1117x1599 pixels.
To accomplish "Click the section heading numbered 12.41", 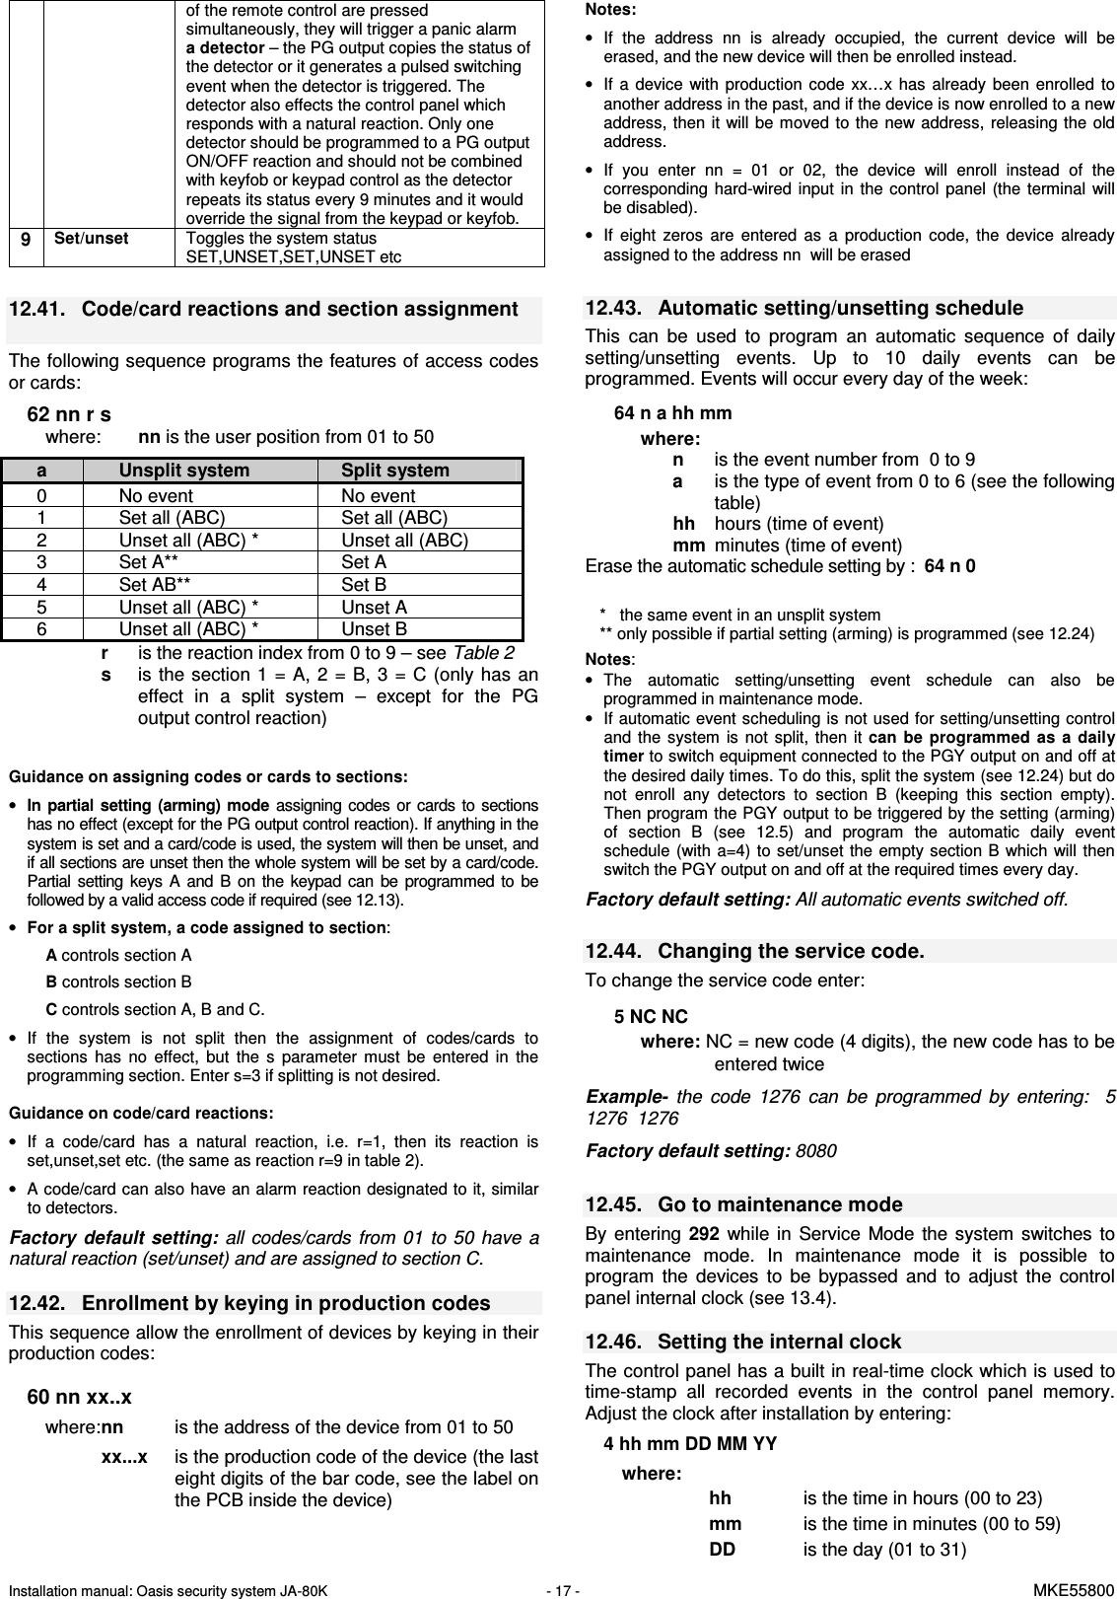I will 263,310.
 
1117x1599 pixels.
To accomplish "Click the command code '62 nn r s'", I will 69,415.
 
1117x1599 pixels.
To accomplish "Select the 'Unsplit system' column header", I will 184,472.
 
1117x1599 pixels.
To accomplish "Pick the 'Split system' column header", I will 395,472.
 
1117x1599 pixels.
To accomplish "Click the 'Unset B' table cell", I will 375,629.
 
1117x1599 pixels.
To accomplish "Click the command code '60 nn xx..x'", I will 79,1398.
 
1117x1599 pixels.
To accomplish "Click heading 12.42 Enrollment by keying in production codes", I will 249,1303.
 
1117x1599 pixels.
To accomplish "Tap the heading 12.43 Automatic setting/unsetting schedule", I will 803,309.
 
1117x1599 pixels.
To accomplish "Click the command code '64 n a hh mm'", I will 672,413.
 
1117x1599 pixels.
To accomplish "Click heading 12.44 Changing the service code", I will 754,951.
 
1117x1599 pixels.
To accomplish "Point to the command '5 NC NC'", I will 651,1017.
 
